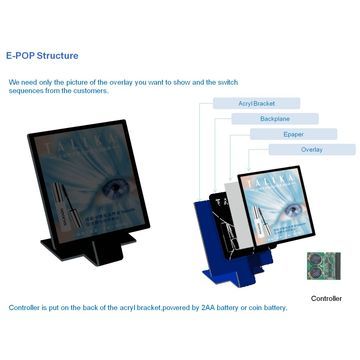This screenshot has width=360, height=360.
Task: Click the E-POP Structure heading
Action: (42, 56)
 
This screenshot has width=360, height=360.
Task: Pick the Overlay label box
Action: (312, 149)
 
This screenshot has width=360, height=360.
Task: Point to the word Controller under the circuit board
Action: (326, 298)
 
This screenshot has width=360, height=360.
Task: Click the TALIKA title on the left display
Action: (74, 150)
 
